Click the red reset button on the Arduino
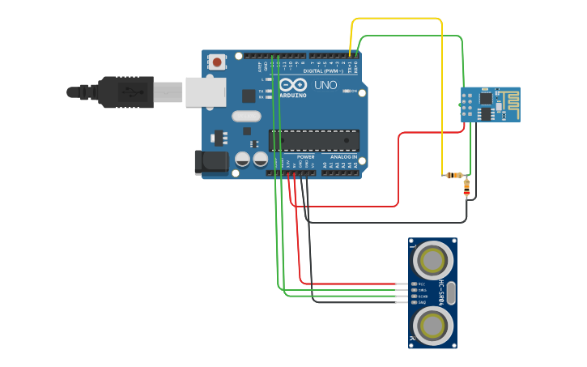click(217, 62)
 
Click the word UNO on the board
click(325, 85)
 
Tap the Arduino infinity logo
click(292, 84)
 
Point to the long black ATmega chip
click(313, 140)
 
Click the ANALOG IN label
click(343, 156)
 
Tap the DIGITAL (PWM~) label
click(322, 71)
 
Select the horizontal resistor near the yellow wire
click(454, 175)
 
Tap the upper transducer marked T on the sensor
click(432, 261)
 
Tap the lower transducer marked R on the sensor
click(432, 326)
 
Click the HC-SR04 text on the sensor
click(442, 292)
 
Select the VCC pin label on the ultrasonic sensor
click(421, 284)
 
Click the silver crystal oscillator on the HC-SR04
click(452, 293)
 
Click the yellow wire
click(397, 18)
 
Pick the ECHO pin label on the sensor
click(422, 297)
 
